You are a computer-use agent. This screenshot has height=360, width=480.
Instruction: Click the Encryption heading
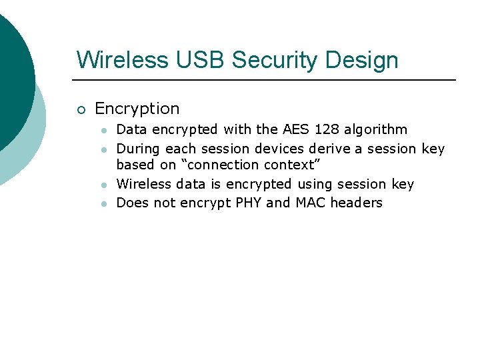click(137, 109)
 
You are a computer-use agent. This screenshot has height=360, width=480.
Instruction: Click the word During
click(139, 149)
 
